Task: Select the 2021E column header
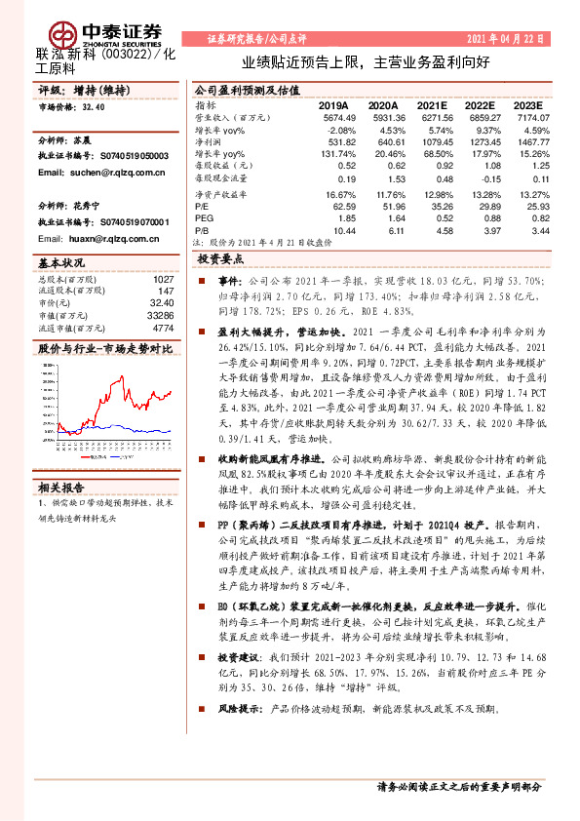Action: tap(434, 104)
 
